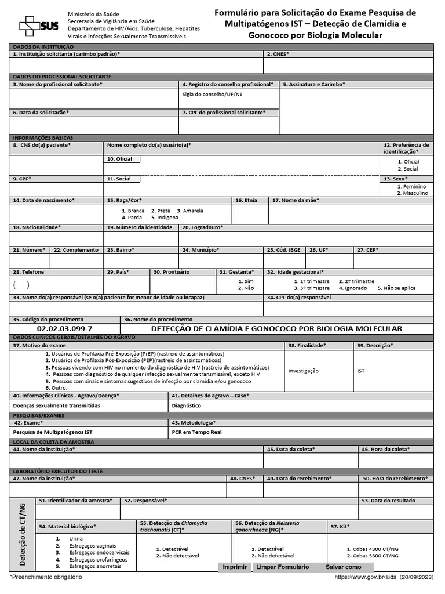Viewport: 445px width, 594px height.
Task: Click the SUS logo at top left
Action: coord(39,26)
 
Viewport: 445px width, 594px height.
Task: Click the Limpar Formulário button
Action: coord(282,567)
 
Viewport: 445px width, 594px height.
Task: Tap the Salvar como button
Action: coord(343,567)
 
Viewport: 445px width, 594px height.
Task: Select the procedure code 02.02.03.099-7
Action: coord(64,329)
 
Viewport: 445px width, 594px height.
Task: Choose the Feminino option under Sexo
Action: coord(414,186)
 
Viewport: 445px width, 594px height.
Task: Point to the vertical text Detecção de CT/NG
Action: coord(23,534)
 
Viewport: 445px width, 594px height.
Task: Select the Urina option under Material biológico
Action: coord(75,539)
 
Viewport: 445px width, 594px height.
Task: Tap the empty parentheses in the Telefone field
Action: coord(21,285)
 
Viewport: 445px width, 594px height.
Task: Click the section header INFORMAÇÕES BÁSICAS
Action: coord(43,137)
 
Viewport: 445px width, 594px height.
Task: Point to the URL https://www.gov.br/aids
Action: coord(366,578)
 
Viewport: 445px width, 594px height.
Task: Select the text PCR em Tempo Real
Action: coord(196,432)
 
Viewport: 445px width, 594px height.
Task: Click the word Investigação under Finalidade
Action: coord(303,371)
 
